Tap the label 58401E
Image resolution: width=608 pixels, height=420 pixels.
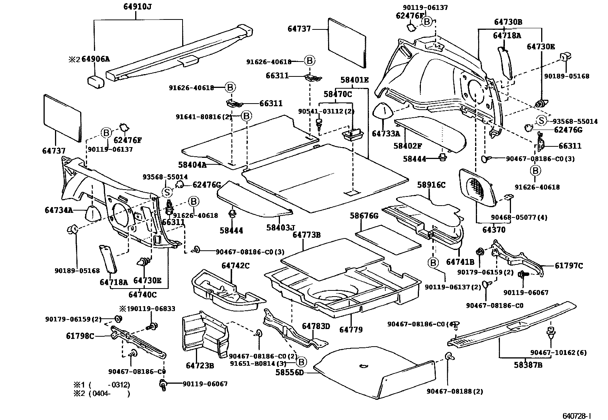click(x=354, y=80)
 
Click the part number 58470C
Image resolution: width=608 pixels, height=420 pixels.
click(x=338, y=94)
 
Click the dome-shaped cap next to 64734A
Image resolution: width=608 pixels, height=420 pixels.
click(x=92, y=212)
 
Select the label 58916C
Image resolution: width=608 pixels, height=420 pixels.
click(x=431, y=185)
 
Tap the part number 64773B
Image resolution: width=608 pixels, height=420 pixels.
click(x=306, y=235)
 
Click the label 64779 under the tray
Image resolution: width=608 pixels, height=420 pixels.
click(x=351, y=329)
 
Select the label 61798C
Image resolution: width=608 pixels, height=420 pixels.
click(x=80, y=336)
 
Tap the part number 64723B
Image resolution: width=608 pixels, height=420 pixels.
click(x=200, y=366)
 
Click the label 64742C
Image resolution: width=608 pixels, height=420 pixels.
click(x=235, y=266)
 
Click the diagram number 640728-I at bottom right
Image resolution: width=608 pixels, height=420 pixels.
click(x=577, y=415)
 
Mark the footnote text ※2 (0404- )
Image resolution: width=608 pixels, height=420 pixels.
click(x=102, y=393)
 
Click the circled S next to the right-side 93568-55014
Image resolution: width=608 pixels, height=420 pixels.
click(x=541, y=121)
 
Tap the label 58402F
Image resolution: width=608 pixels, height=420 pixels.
click(x=407, y=146)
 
